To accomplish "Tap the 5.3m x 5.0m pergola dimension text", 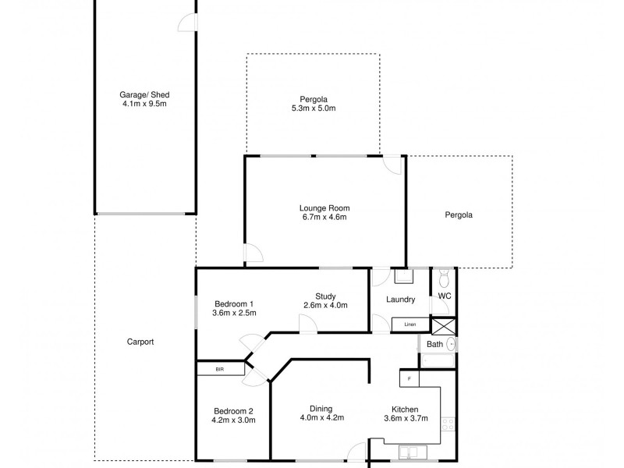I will (313, 108).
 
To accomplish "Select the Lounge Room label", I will (324, 208).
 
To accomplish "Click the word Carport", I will (140, 342).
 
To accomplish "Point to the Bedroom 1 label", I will (233, 303).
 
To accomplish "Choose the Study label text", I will (325, 296).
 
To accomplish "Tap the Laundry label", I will (400, 300).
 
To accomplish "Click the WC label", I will (445, 296).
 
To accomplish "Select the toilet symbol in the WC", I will (444, 278).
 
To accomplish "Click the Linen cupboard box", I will (409, 324).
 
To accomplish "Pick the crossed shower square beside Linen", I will (444, 326).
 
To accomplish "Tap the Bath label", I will (434, 344).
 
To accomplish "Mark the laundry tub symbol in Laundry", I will (404, 276).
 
